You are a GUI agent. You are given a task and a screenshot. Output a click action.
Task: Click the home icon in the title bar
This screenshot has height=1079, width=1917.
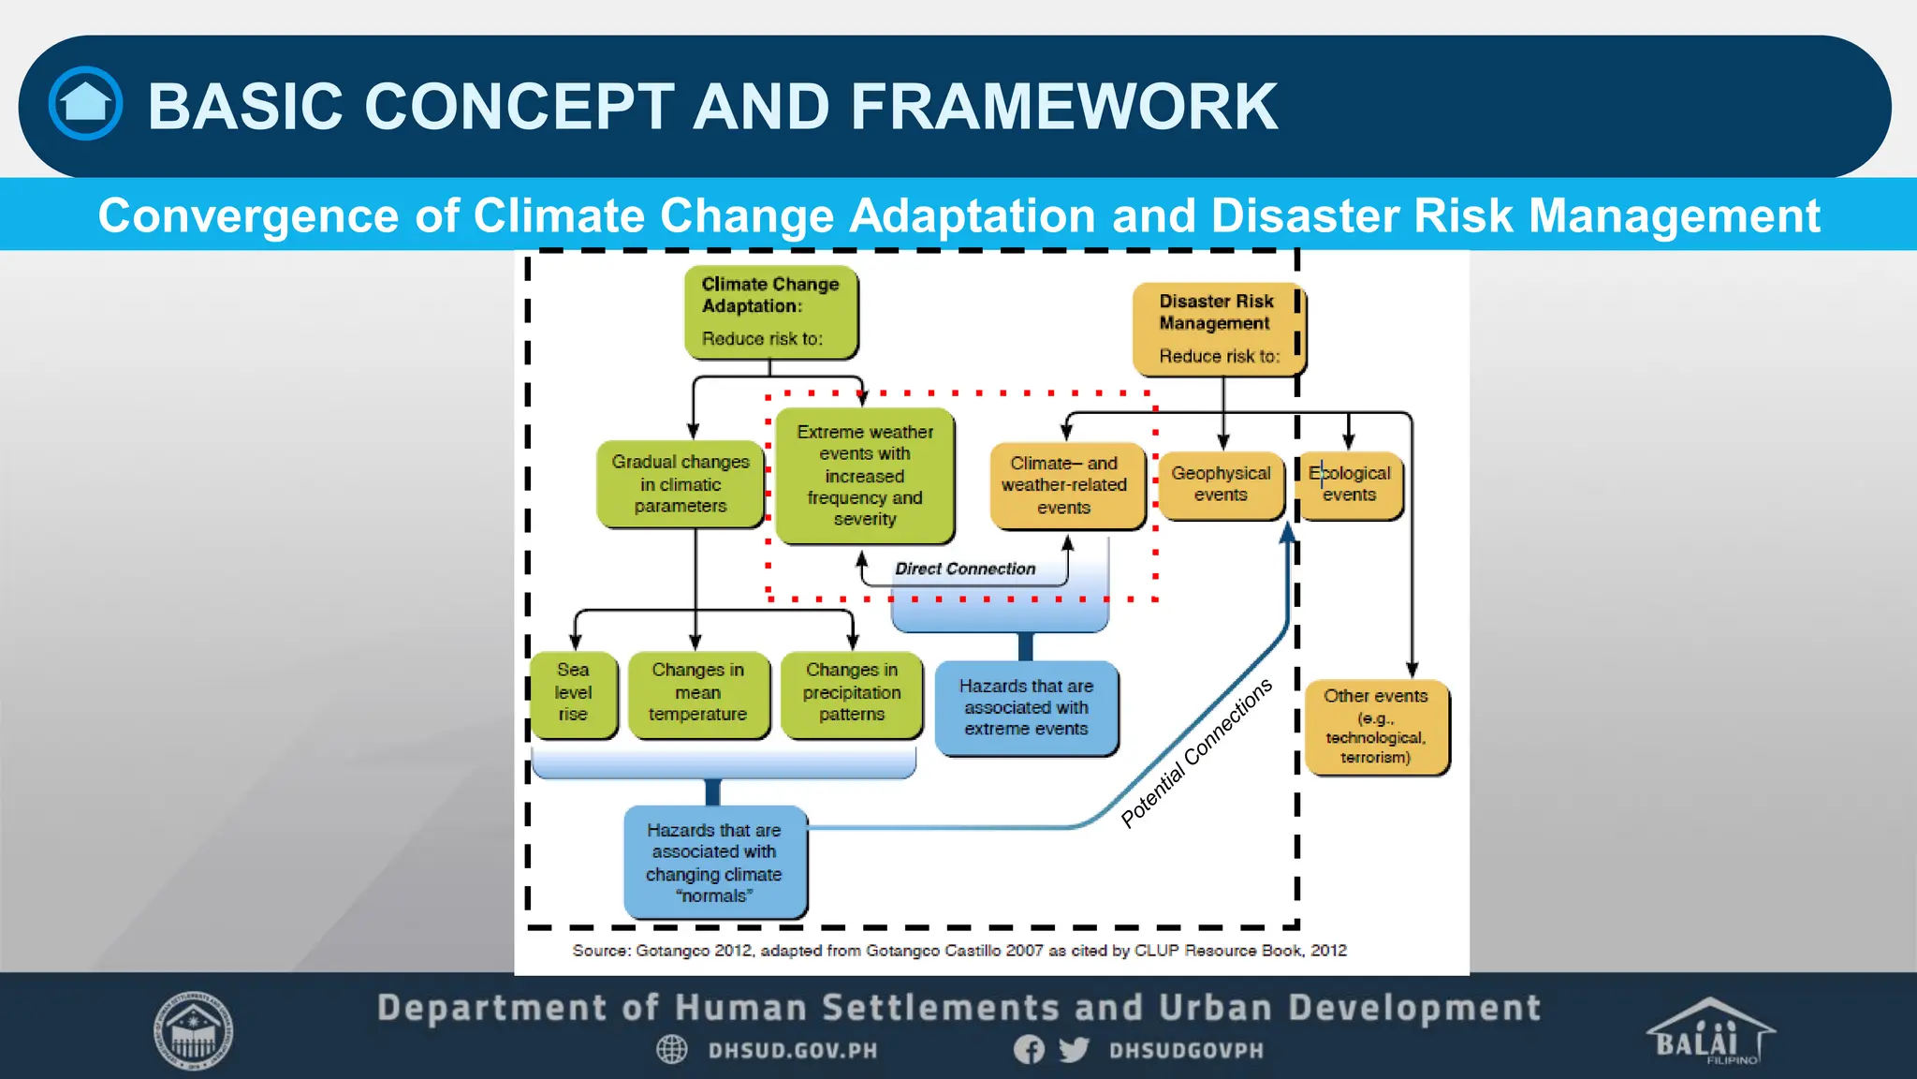tap(85, 103)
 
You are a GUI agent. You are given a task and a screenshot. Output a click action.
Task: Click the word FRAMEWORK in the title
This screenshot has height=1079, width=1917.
tap(1063, 106)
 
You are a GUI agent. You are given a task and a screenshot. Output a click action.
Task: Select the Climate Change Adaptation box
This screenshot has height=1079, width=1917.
tap(770, 312)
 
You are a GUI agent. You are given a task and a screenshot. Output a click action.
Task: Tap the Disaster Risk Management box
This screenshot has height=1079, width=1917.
tap(1216, 329)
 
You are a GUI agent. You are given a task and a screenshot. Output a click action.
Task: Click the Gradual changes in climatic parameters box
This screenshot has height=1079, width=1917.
tap(680, 484)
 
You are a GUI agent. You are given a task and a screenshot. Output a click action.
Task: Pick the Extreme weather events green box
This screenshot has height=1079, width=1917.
tap(865, 475)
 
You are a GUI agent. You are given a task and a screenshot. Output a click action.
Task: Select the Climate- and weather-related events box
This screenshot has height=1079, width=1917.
tap(1065, 485)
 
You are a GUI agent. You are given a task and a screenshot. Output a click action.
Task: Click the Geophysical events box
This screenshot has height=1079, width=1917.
tap(1221, 484)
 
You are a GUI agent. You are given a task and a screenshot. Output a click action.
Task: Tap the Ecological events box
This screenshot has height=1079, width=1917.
tap(1350, 484)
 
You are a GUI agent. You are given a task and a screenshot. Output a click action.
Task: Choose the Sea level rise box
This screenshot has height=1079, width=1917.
tap(573, 693)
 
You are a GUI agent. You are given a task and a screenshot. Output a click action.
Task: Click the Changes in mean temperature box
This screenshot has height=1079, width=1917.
tap(698, 693)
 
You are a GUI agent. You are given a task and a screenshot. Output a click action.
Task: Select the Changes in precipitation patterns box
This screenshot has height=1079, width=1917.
tap(851, 693)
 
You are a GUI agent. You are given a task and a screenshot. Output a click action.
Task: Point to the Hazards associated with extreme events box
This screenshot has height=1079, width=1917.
tap(1026, 708)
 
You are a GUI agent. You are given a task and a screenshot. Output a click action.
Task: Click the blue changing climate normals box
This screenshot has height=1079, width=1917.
tap(714, 863)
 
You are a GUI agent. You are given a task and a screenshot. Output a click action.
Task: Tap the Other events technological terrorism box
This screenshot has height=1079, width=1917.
tap(1375, 727)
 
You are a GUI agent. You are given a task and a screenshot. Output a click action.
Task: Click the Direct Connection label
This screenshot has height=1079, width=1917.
tap(965, 569)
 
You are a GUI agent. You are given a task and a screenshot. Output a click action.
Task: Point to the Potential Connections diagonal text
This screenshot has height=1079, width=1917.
tap(1196, 753)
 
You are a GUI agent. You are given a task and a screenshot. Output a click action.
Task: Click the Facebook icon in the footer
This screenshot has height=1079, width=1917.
tap(1029, 1050)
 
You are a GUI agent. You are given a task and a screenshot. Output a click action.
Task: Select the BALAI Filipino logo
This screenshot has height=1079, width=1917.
tap(1709, 1032)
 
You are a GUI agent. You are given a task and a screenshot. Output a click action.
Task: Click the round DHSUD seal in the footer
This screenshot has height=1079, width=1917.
tap(194, 1031)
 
